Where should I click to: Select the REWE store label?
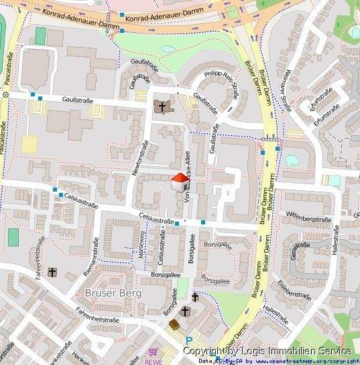(x=153, y=361)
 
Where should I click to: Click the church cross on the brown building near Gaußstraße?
(x=162, y=106)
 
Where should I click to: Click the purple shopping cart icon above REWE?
(x=154, y=351)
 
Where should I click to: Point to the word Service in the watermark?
(x=335, y=351)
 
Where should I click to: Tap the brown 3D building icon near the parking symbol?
(x=174, y=325)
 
